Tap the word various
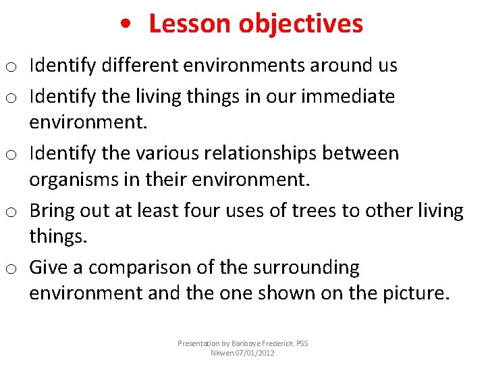(170, 153)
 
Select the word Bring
(51, 210)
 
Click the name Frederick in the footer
(273, 343)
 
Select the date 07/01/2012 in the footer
(254, 353)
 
